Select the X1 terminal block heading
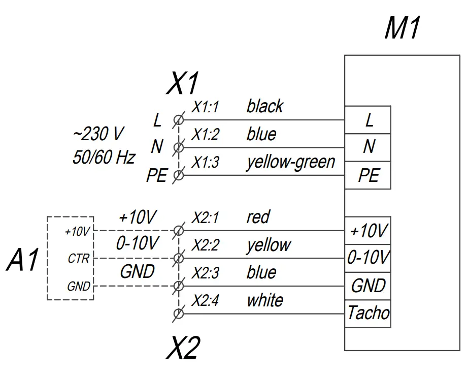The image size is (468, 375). [x=183, y=84]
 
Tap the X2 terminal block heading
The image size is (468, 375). [x=183, y=349]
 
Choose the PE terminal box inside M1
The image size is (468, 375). [x=369, y=175]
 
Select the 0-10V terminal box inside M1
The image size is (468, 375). [x=369, y=258]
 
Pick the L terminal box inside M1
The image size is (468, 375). [x=369, y=120]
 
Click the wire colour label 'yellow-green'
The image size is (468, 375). [x=291, y=162]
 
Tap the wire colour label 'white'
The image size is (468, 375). [x=264, y=300]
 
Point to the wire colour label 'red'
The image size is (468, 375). [x=258, y=217]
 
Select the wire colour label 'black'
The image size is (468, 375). [x=264, y=107]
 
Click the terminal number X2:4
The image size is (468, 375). [x=205, y=301]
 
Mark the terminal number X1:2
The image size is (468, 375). [x=205, y=135]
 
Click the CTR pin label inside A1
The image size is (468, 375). [x=78, y=259]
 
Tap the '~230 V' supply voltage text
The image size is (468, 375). [x=98, y=135]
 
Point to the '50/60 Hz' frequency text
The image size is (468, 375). [x=104, y=158]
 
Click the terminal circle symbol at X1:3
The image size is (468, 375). [x=178, y=176]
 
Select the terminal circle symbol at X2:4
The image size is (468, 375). [x=178, y=314]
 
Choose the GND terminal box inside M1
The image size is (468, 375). [x=369, y=286]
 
